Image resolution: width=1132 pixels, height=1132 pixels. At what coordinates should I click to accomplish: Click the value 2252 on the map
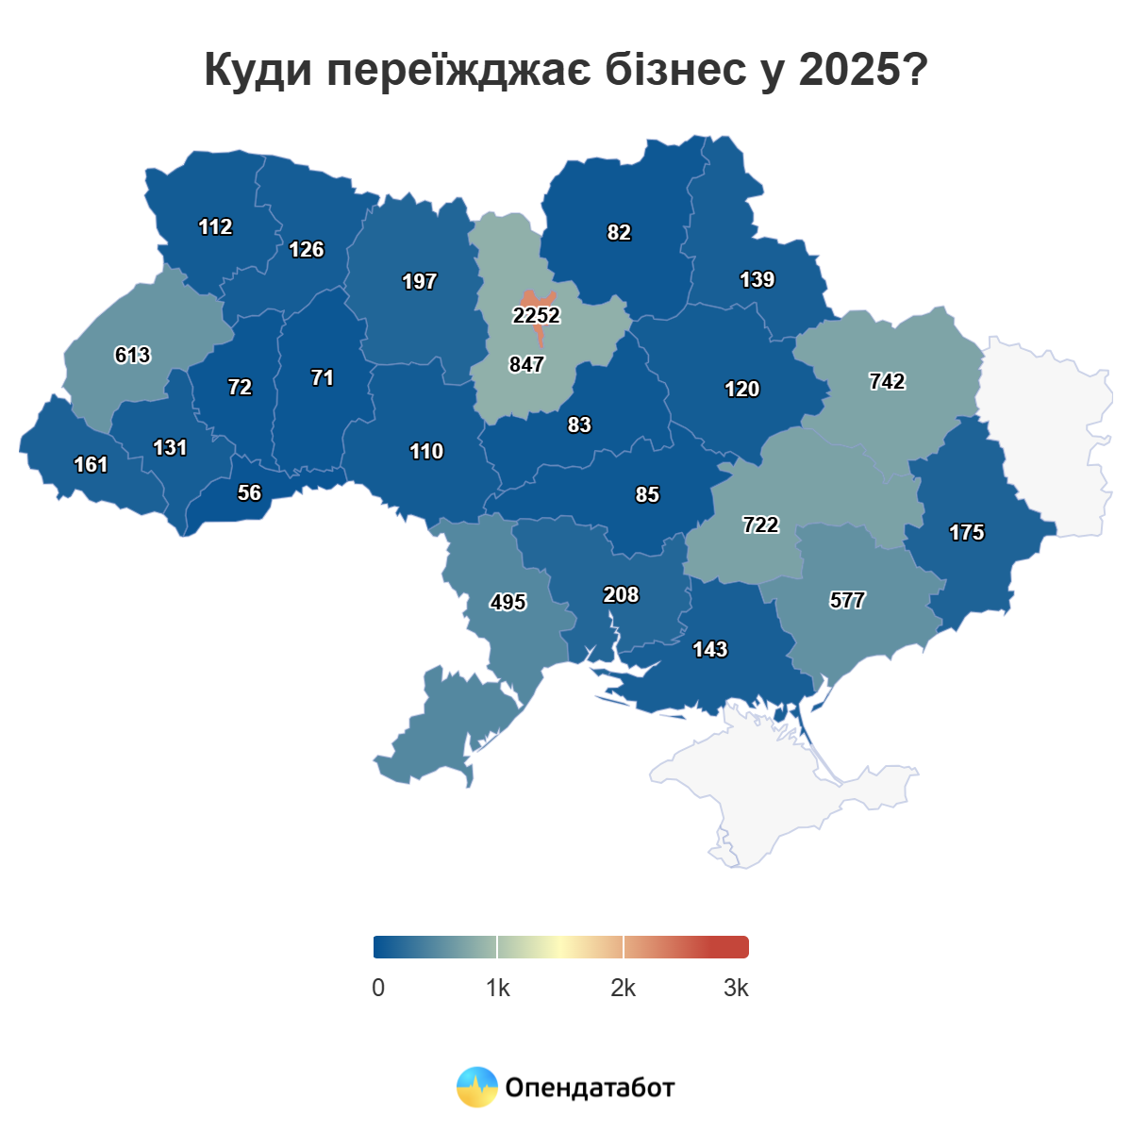(537, 315)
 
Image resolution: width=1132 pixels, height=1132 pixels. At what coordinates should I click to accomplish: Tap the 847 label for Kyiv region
(526, 364)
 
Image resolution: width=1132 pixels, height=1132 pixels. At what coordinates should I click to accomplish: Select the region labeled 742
(887, 381)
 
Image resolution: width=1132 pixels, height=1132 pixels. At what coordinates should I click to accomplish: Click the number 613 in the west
(132, 355)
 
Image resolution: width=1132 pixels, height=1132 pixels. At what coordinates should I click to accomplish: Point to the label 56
(249, 492)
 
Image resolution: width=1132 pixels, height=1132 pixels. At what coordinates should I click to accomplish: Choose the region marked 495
(508, 602)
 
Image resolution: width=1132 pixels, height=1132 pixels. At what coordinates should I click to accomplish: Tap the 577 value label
(847, 600)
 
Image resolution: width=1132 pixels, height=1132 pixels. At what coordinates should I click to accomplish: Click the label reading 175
(966, 532)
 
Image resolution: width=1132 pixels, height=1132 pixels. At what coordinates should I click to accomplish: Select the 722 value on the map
(760, 524)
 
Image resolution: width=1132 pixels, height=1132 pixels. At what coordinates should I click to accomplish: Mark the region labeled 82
(619, 232)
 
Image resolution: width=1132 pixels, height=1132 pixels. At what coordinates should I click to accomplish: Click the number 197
(419, 281)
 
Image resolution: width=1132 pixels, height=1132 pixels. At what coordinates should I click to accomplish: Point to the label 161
(91, 464)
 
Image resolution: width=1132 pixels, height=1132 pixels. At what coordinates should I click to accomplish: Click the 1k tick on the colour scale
(498, 988)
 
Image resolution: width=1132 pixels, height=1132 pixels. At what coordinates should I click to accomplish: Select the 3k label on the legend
(736, 988)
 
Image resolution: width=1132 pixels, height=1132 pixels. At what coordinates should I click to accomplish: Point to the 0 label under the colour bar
(378, 988)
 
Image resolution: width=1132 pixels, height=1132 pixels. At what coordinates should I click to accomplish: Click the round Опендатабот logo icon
(476, 1087)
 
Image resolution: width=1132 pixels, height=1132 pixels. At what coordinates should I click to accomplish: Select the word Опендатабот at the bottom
(590, 1088)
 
